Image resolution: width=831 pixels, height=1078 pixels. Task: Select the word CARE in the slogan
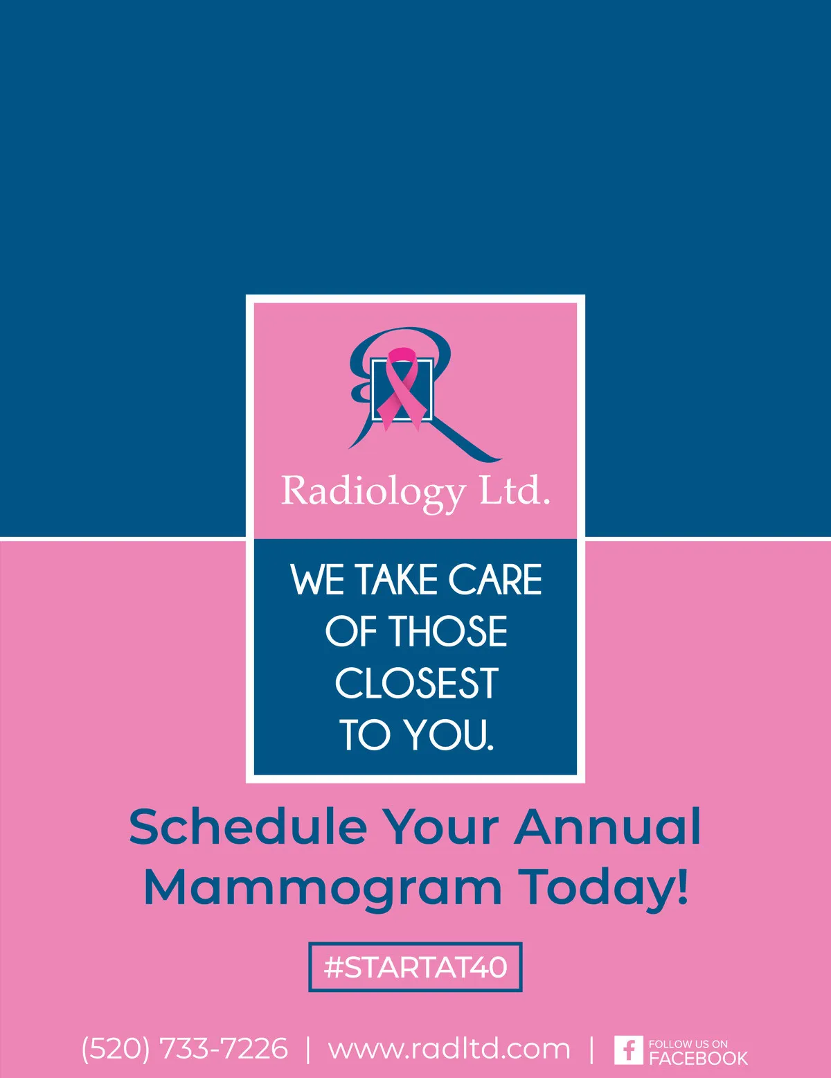pos(495,579)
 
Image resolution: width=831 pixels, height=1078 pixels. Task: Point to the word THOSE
pos(450,631)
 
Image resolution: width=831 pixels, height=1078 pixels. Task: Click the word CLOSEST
pos(416,683)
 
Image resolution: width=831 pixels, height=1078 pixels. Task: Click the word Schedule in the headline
pos(248,827)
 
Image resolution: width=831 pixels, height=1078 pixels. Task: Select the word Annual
pos(607,827)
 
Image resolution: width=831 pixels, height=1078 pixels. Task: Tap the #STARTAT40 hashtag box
pos(415,967)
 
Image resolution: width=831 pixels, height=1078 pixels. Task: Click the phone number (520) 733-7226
pos(184,1048)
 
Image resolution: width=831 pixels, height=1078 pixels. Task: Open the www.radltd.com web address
pos(449,1049)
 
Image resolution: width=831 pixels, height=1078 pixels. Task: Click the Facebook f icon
pos(629,1050)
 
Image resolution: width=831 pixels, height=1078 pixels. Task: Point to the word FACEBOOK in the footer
pos(698,1058)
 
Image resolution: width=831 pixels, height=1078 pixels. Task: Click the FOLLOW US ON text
pos(688,1044)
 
